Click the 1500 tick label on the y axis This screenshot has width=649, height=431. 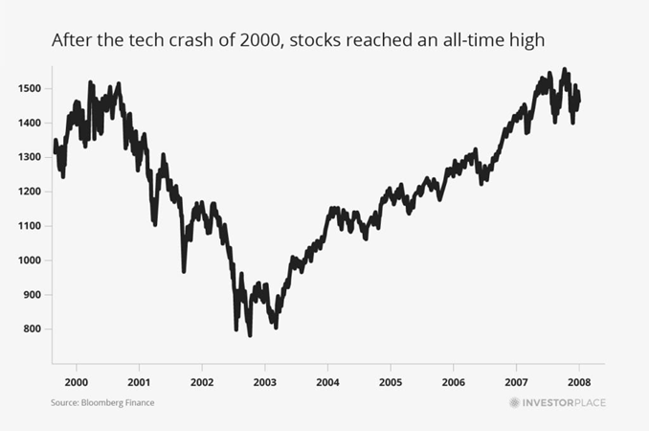pyautogui.click(x=29, y=89)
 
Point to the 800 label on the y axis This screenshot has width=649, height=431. pyautogui.click(x=31, y=329)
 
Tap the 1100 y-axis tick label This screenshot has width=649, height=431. pyautogui.click(x=29, y=226)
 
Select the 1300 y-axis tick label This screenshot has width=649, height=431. pyautogui.click(x=29, y=158)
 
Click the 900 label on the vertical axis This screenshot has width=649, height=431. pyautogui.click(x=31, y=295)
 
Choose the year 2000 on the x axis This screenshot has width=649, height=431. pyautogui.click(x=77, y=380)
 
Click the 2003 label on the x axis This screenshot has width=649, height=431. pyautogui.click(x=265, y=380)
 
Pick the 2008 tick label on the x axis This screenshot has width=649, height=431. pyautogui.click(x=579, y=380)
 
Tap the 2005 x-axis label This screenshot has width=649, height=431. pyautogui.click(x=391, y=380)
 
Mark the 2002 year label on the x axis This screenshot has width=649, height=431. pyautogui.click(x=202, y=380)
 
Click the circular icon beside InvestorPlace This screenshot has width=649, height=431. pyautogui.click(x=514, y=403)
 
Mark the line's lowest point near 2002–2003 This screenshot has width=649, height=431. pyautogui.click(x=250, y=335)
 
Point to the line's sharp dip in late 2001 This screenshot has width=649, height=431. pyautogui.click(x=185, y=271)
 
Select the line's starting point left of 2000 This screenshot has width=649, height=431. pyautogui.click(x=55, y=142)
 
